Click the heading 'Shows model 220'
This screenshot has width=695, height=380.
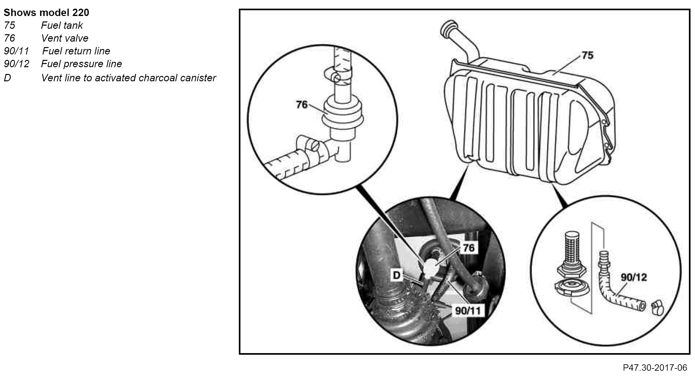46,13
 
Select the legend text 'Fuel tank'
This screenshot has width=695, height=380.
62,25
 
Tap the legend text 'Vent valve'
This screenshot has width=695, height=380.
64,38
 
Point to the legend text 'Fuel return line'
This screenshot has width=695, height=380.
76,51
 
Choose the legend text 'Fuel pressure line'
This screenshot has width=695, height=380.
81,64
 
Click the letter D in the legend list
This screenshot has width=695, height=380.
7,78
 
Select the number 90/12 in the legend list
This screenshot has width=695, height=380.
16,64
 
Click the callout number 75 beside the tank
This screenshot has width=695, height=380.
587,55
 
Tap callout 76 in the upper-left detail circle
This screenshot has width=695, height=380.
301,104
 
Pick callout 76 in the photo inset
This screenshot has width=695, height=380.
468,247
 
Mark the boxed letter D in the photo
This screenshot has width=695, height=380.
397,275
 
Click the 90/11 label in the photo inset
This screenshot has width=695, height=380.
468,310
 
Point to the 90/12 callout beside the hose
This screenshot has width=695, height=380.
633,277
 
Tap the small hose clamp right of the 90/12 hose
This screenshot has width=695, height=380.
657,308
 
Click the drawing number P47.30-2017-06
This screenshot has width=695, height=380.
655,368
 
